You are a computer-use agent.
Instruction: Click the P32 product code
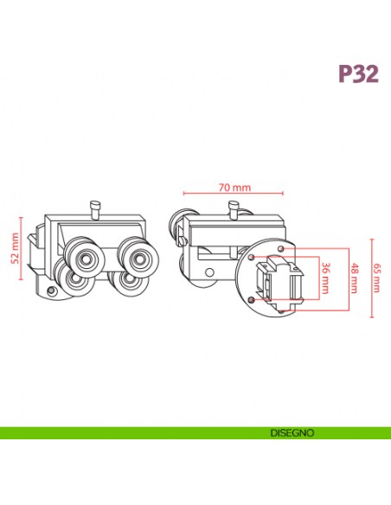(x=358, y=74)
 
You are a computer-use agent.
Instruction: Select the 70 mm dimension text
(x=234, y=187)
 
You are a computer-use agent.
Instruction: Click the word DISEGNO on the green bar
(x=291, y=432)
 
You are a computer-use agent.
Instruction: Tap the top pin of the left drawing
(x=94, y=208)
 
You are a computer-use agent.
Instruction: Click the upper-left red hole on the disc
(x=251, y=258)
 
